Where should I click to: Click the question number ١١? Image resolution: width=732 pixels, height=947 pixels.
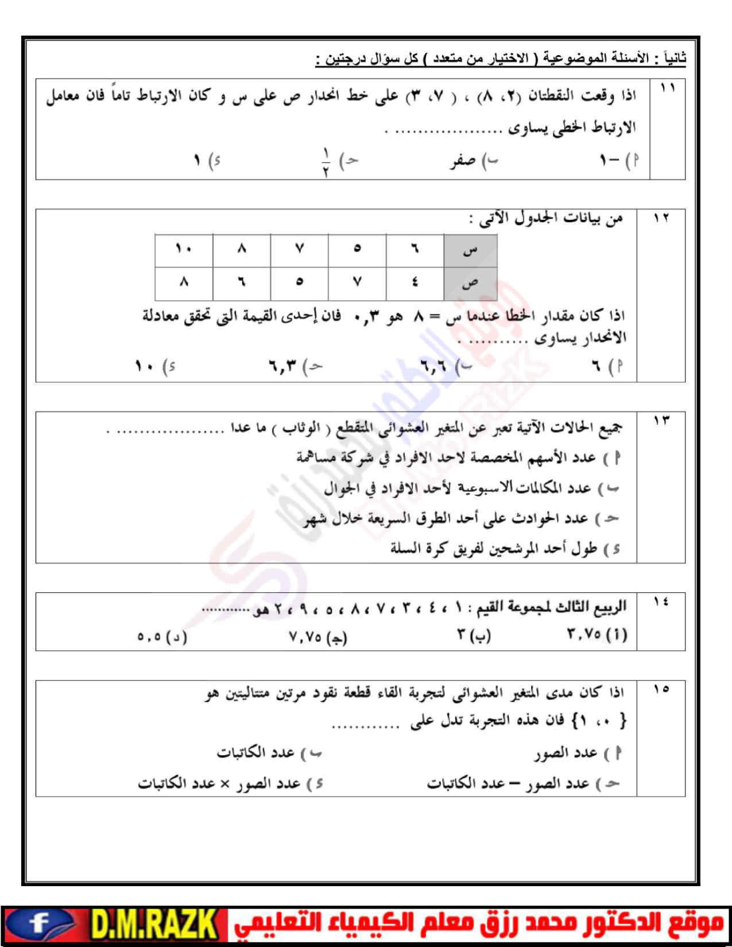[x=667, y=88]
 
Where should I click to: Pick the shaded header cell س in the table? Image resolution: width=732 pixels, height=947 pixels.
[x=470, y=250]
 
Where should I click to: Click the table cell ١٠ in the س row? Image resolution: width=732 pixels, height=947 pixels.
[x=184, y=249]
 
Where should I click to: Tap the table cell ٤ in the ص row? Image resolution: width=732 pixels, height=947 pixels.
[x=415, y=282]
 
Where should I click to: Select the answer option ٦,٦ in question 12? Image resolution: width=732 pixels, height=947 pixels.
[x=433, y=365]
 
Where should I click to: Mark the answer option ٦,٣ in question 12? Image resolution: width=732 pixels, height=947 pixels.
[x=283, y=365]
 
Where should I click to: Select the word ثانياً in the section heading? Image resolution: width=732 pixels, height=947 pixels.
[x=674, y=59]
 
